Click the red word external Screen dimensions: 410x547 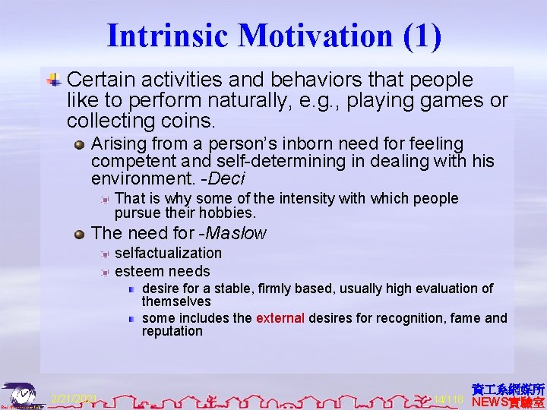point(280,318)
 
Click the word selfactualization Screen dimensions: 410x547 point(168,253)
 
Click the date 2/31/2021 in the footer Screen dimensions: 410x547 point(74,398)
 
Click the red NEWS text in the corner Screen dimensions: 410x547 point(492,402)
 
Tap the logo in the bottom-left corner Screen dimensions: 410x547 point(22,396)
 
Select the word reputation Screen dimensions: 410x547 point(172,331)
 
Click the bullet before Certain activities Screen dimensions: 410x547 point(55,80)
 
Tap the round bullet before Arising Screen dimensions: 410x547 point(80,143)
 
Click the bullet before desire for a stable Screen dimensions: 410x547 point(131,289)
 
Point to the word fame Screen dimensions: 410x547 point(464,318)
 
